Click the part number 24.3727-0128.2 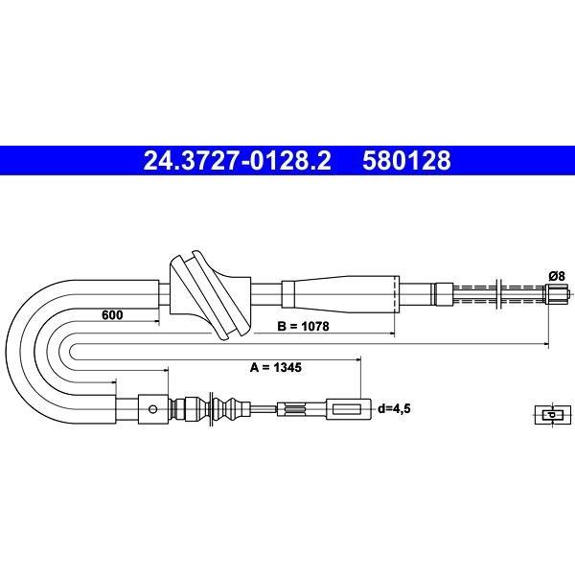pos(237,161)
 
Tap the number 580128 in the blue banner pos(406,161)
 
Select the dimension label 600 pos(112,314)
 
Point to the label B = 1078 pos(303,326)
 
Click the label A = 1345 pos(275,367)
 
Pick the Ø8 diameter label pos(557,275)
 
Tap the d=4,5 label pos(394,408)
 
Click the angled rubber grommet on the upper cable pos(210,294)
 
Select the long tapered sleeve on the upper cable pos(340,294)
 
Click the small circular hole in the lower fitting pos(153,409)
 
